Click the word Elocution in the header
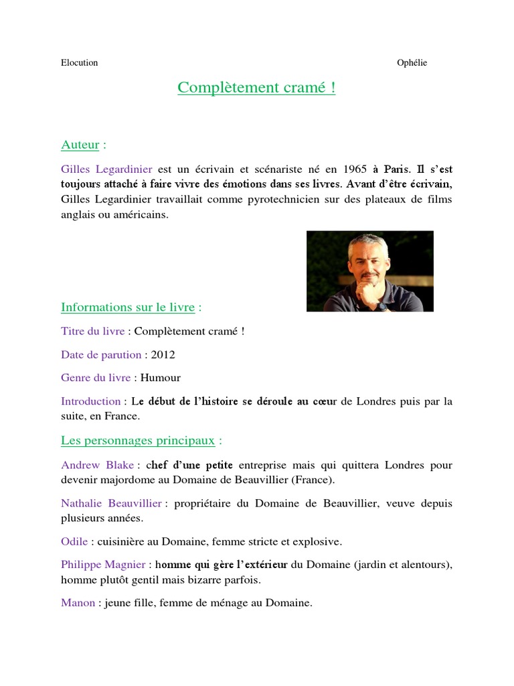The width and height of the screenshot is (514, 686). [x=79, y=63]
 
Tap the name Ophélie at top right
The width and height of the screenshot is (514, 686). [x=412, y=63]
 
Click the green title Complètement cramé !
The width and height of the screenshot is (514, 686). [x=256, y=88]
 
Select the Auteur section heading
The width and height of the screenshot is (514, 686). [x=80, y=145]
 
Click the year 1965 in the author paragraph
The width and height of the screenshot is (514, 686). [x=355, y=169]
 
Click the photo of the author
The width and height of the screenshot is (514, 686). [x=369, y=271]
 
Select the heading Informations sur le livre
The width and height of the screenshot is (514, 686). [x=128, y=307]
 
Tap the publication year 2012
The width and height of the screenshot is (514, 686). [x=163, y=354]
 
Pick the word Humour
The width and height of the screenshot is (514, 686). [x=161, y=378]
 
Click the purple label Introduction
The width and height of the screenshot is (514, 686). [x=91, y=401]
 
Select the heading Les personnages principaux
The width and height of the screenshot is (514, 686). [x=138, y=441]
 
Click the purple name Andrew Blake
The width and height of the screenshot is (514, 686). [x=98, y=465]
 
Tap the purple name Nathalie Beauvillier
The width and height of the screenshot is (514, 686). [x=112, y=503]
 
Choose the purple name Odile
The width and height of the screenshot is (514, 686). [x=74, y=541]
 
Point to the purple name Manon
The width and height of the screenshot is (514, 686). [x=78, y=603]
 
